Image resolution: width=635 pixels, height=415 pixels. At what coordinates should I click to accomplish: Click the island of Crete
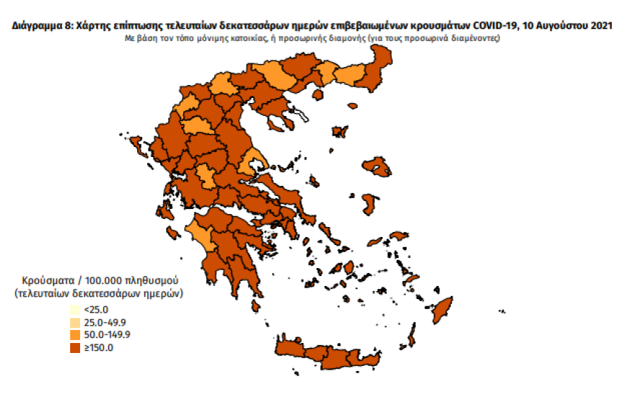[x=339, y=354]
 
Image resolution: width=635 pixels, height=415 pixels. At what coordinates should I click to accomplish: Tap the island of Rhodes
[x=441, y=310]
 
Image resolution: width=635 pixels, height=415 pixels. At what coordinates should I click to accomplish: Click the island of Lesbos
[x=377, y=167]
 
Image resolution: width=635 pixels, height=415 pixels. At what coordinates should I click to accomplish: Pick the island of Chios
[x=370, y=205]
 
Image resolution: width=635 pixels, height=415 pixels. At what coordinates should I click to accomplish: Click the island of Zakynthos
[x=173, y=233]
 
